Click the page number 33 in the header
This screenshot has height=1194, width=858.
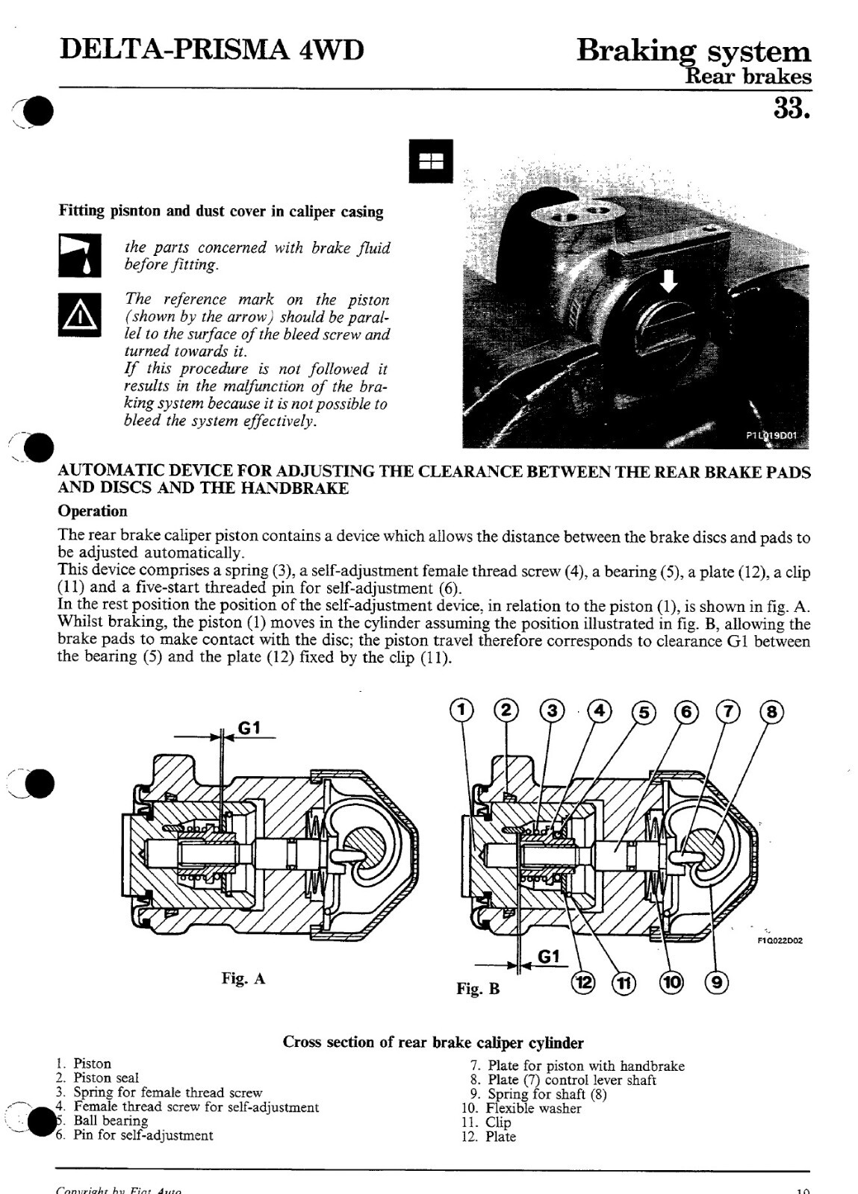coord(792,108)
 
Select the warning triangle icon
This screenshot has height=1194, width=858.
coord(79,314)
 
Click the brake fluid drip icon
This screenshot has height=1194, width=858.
coord(79,255)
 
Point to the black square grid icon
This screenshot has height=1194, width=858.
coord(431,161)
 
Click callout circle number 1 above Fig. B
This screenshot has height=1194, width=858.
coord(462,710)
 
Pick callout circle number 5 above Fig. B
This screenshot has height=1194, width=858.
coord(644,712)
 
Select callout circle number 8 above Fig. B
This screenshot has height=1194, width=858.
coord(773,712)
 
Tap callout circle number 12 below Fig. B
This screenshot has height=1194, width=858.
coord(583,982)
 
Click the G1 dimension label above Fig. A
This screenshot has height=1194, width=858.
coord(249,728)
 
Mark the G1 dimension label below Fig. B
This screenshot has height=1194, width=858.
coord(549,957)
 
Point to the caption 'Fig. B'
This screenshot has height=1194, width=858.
coord(478,989)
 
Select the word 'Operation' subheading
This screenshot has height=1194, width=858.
coord(93,511)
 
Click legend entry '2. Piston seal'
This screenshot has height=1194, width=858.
coord(97,1078)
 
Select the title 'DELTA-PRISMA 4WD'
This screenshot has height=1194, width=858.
coord(212,51)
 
